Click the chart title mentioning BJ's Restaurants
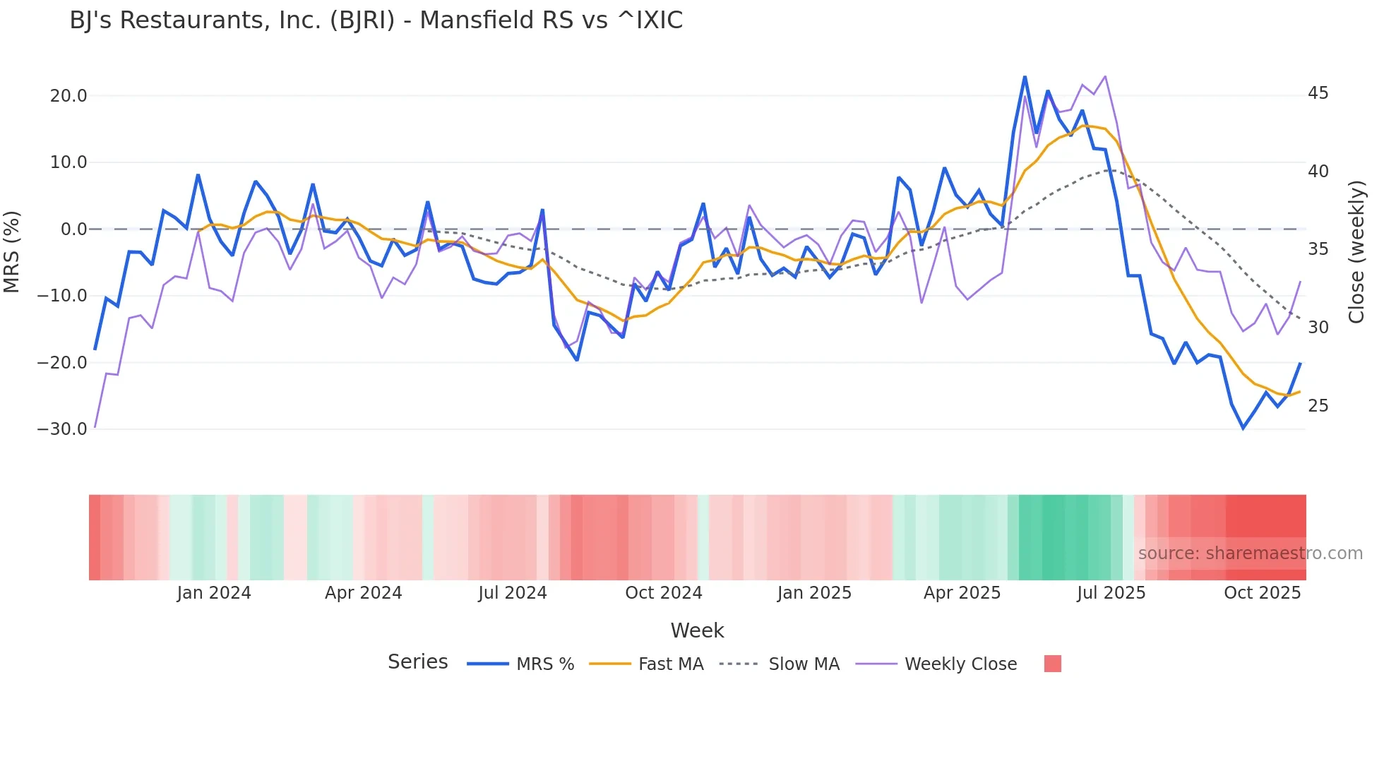point(376,20)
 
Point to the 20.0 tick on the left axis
point(68,96)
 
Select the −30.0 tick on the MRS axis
point(62,429)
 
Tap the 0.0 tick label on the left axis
point(73,229)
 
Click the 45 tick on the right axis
point(1318,93)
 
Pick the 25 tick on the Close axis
point(1318,406)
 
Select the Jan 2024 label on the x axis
point(214,593)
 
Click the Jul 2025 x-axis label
point(1111,593)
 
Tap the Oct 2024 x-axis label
point(664,593)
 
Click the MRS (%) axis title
point(12,251)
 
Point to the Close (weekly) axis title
point(1356,252)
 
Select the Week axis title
point(697,630)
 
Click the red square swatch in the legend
point(1052,664)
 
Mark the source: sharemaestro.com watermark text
point(1250,553)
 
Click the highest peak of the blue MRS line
point(1025,77)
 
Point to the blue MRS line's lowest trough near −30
point(1243,428)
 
